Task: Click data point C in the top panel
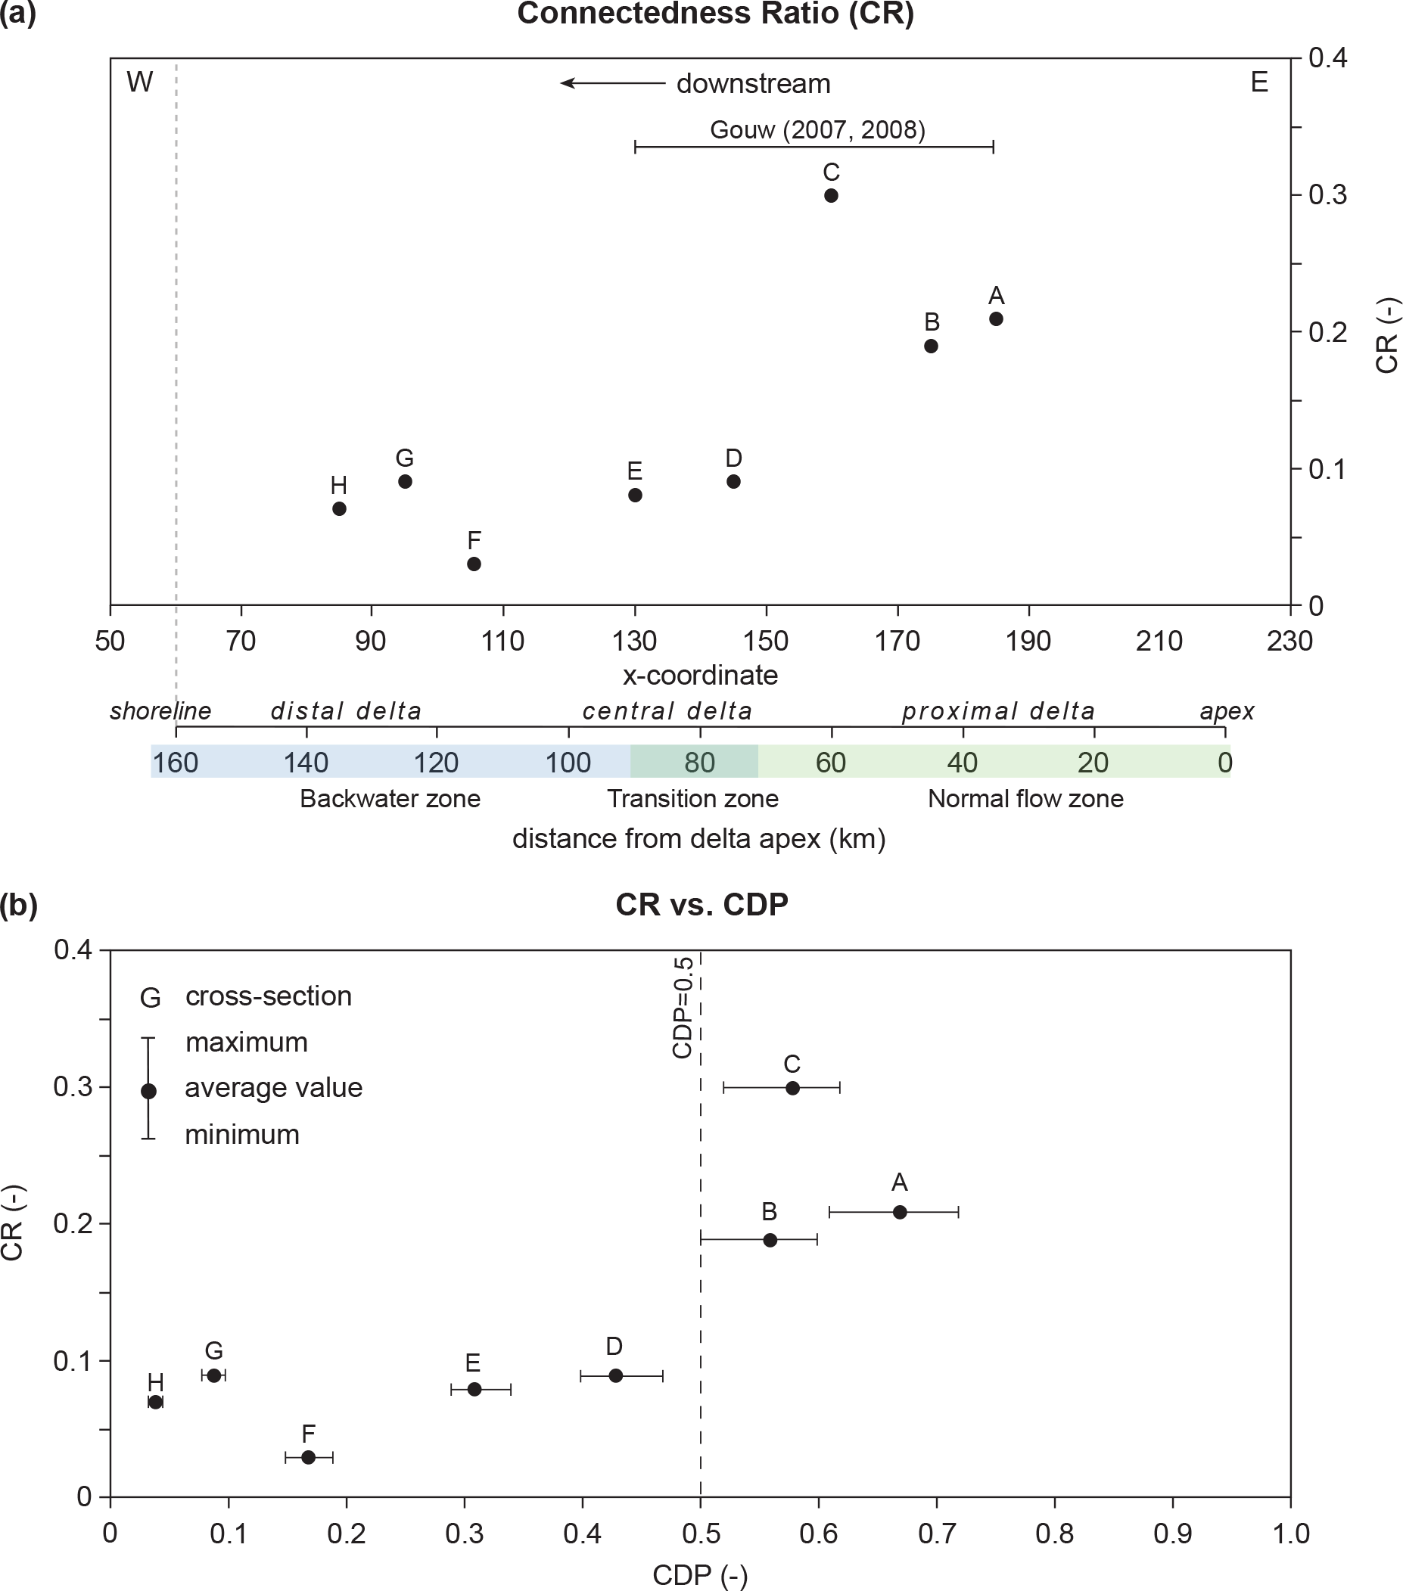(x=831, y=195)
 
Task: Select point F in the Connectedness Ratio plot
(x=474, y=564)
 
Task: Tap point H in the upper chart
(x=339, y=508)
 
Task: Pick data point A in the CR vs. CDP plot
(x=899, y=1212)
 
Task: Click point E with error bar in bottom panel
(x=474, y=1390)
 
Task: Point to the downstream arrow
(x=613, y=83)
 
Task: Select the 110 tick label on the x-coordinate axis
(x=503, y=641)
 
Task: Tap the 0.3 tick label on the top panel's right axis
(x=1327, y=194)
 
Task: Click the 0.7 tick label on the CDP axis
(x=936, y=1534)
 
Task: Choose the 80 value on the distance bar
(x=699, y=762)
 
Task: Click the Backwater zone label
(x=390, y=799)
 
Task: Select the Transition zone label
(x=692, y=799)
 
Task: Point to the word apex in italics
(x=1227, y=710)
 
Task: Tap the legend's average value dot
(x=149, y=1091)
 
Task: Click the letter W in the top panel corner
(x=139, y=82)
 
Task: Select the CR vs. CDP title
(x=701, y=905)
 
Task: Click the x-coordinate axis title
(x=700, y=675)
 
